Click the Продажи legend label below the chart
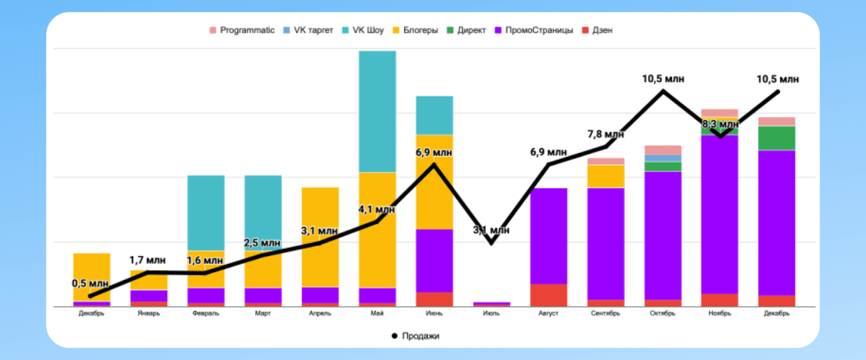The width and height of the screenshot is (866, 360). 420,336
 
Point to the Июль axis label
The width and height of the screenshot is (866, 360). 491,314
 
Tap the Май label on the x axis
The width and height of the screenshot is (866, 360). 377,314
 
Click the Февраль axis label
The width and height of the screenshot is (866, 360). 206,314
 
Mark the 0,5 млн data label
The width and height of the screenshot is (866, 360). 90,283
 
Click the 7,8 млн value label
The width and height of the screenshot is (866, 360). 606,134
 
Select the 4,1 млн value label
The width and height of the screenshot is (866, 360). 377,209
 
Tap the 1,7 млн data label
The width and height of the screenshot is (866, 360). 147,260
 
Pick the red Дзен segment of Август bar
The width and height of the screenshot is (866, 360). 548,295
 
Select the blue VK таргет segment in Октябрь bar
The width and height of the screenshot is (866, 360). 662,158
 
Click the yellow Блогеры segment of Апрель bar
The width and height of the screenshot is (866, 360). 320,237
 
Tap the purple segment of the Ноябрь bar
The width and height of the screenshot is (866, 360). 719,214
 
